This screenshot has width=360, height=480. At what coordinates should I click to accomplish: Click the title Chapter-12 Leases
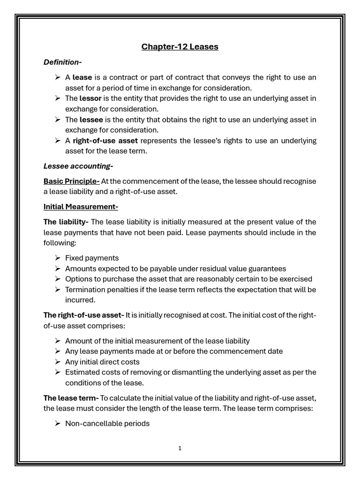tap(180, 47)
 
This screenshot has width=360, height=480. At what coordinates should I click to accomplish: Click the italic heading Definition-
tap(63, 62)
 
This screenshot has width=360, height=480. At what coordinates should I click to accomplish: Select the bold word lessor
tap(90, 98)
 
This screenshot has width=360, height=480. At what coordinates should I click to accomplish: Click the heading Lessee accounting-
tap(78, 166)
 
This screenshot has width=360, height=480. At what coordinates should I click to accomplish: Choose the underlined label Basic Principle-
tap(71, 181)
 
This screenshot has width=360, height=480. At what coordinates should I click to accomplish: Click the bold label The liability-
tap(66, 222)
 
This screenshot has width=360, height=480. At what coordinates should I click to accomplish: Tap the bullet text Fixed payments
tap(92, 258)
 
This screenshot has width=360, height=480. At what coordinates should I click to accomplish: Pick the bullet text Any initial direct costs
tap(102, 362)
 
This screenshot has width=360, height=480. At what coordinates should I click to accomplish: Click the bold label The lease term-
tap(71, 398)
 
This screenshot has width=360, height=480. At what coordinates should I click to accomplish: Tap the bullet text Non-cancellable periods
tap(107, 423)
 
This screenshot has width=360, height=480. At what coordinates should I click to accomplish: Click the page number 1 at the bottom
tap(180, 448)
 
